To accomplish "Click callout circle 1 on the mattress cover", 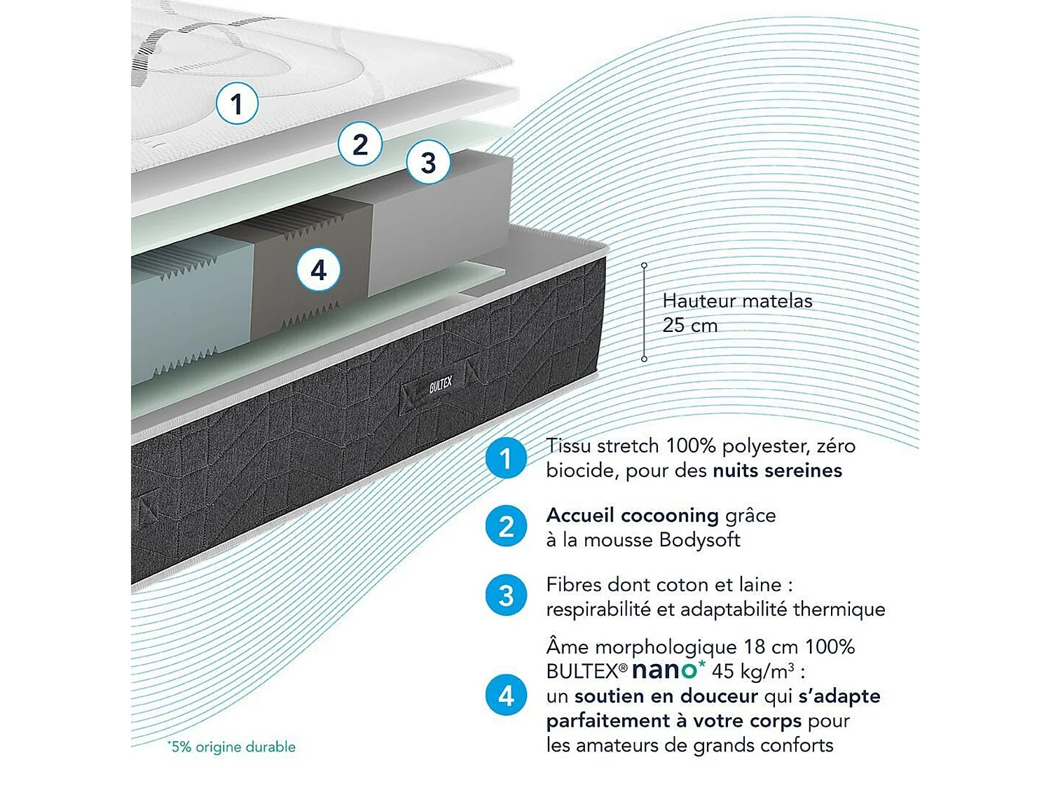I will [237, 104].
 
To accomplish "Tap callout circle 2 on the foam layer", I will [360, 145].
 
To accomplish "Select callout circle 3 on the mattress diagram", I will [428, 163].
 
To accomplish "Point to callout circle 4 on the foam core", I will [319, 270].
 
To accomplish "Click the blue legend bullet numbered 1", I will [506, 458].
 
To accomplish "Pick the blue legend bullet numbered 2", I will [506, 527].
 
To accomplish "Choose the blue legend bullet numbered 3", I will [506, 596].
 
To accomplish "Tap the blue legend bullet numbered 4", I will [506, 696].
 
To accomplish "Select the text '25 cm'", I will [690, 326].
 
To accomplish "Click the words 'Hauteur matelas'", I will [737, 301].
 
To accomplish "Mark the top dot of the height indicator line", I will [644, 265].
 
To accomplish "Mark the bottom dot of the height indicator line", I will [644, 359].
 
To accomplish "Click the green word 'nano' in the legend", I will [665, 670].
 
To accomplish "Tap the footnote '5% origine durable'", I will [233, 747].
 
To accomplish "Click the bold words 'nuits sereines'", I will [777, 471].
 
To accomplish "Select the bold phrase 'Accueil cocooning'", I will [632, 516].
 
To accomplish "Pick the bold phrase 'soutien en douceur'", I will [666, 696].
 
